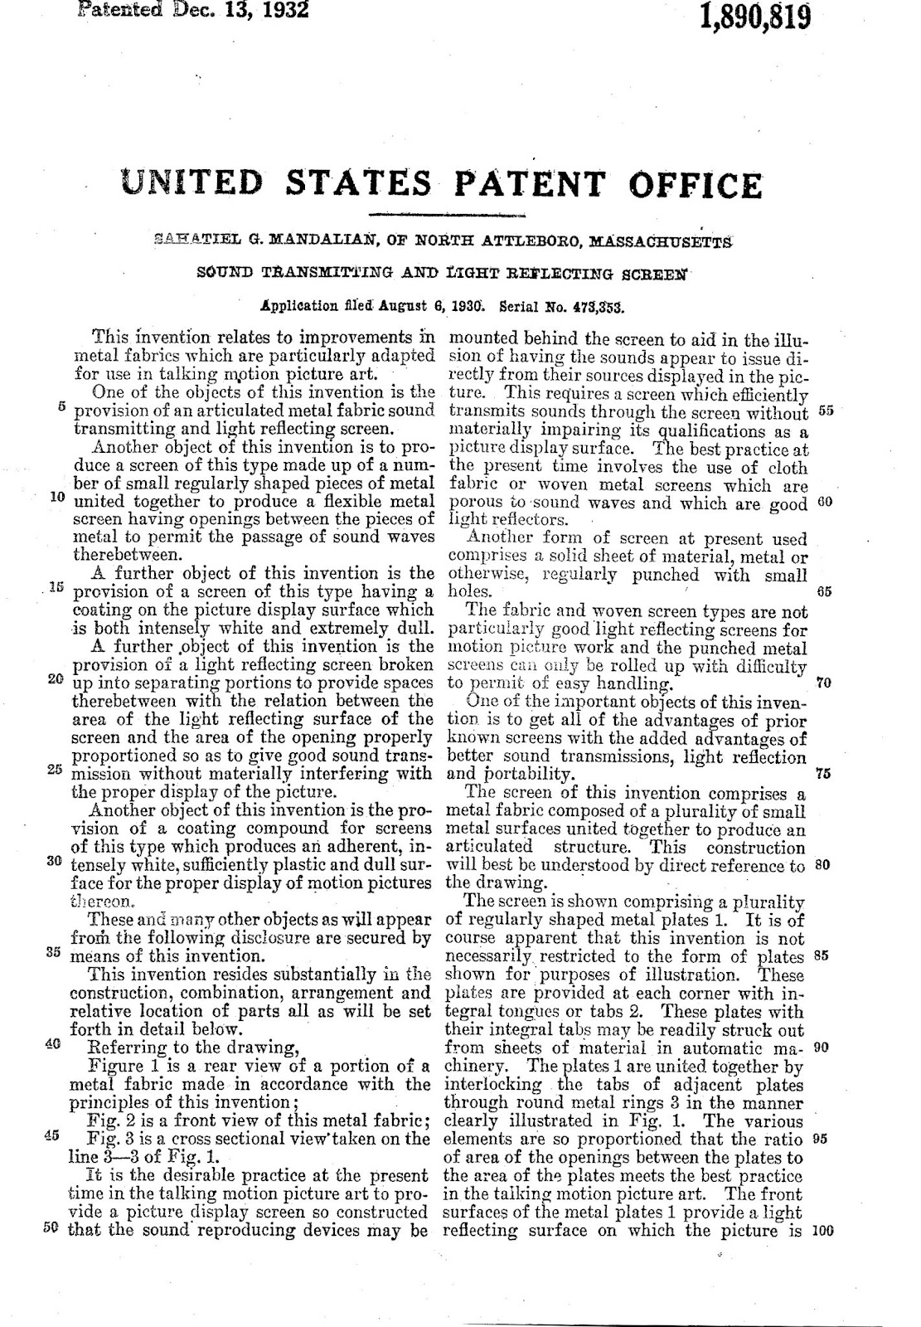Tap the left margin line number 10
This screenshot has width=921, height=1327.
point(57,498)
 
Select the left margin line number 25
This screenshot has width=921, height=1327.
point(56,769)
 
